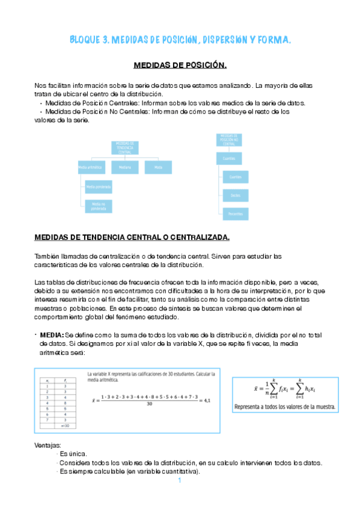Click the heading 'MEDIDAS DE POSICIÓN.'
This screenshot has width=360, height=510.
180,65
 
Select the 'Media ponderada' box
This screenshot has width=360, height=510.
98,187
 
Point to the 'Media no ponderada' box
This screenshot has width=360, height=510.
98,206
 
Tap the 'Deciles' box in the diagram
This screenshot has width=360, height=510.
235,194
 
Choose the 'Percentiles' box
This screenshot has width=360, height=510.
235,212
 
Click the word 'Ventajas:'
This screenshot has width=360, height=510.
48,444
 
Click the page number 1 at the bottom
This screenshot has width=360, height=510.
180,481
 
